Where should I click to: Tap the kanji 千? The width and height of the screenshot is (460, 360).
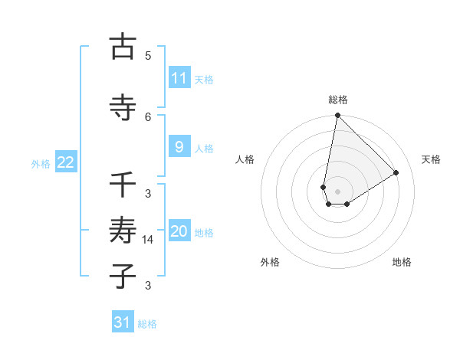123,185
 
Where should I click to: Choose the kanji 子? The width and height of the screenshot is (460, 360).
123,275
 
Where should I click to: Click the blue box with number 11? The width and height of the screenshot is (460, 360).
179,78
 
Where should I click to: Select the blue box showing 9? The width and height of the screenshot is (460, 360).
179,147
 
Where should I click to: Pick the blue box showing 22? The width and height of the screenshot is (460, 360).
66,162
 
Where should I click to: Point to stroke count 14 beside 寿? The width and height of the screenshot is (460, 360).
149,239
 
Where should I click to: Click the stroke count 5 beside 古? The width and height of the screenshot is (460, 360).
148,55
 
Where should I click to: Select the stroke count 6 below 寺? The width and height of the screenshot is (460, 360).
148,116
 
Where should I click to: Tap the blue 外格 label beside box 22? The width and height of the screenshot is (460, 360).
41,163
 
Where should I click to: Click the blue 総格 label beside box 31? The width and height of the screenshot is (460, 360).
147,324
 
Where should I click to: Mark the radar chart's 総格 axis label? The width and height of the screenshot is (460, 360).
338,100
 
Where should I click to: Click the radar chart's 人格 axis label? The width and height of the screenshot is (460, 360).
245,159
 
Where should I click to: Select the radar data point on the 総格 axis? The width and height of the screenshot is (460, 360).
337,116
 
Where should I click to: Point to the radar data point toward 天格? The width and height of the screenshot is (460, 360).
396,173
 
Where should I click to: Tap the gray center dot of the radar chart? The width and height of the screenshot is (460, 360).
337,191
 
